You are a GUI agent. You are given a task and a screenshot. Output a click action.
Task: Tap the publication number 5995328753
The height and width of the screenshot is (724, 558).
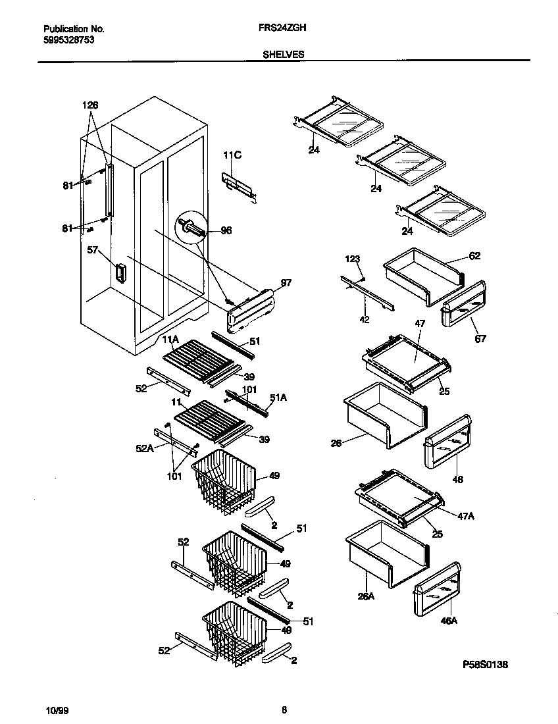point(68,39)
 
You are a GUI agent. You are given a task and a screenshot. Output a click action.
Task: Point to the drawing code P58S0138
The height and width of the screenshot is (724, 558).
point(485,665)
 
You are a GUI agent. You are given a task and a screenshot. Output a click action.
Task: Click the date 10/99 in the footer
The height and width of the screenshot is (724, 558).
point(56,710)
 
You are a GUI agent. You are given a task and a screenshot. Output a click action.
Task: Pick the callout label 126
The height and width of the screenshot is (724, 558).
point(90,105)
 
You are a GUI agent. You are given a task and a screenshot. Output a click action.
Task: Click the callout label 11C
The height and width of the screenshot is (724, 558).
point(232,155)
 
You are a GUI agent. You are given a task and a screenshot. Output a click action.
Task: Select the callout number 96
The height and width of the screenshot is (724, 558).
point(226,230)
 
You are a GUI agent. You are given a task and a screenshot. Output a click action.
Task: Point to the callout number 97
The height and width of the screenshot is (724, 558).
point(286,283)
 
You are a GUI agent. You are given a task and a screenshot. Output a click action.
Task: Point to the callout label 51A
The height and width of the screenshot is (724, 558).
point(278,397)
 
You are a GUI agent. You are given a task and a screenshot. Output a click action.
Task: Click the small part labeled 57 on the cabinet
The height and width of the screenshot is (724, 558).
point(120,273)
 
